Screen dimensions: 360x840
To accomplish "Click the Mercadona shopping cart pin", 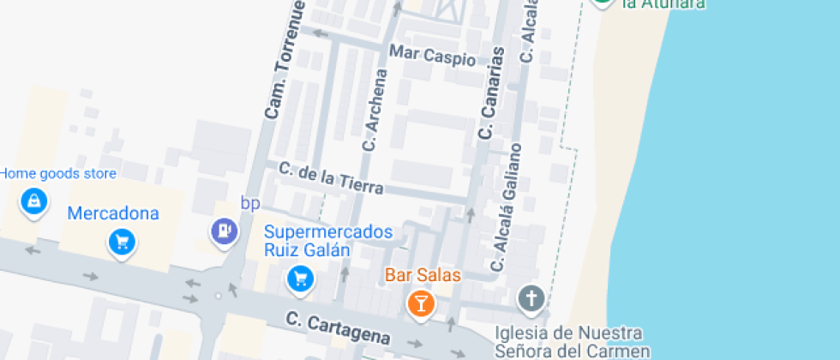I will [122, 242].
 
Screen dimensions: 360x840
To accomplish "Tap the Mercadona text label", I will [113, 213].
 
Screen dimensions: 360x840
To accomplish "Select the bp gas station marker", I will [224, 230].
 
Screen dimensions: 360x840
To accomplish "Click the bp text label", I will [250, 203].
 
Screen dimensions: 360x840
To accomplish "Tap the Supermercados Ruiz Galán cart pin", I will [300, 277].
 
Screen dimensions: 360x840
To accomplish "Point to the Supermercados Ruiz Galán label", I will [329, 241].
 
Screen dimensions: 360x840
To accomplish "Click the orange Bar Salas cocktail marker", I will [420, 302].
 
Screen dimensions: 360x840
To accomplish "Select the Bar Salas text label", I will [423, 275].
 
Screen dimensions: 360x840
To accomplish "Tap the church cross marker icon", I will [531, 299].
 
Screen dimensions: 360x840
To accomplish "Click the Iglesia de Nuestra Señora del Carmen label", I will [573, 341].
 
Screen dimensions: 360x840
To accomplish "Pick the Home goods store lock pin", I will [33, 201].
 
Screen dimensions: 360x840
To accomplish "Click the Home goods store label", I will [57, 174].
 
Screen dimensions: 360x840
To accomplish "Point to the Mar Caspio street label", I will [432, 56].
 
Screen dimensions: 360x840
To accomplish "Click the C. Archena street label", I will [375, 111].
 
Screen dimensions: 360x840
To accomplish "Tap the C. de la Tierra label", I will [331, 177].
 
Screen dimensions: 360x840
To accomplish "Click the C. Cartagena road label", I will [339, 327].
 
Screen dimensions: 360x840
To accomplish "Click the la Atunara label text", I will [663, 3].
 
